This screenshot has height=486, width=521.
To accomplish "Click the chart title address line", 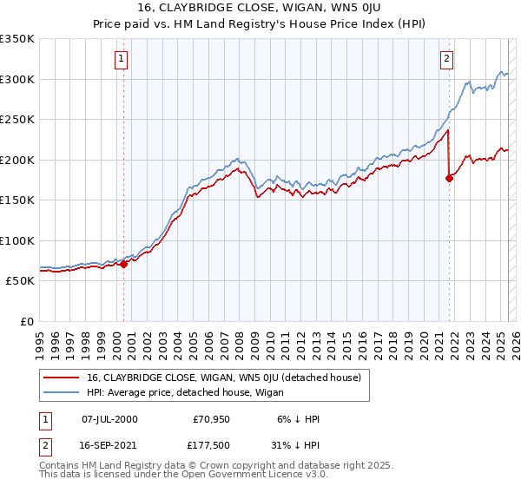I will [260, 10].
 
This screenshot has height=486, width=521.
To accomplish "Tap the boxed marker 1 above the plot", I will [120, 59].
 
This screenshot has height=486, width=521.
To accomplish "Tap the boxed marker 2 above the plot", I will [445, 59].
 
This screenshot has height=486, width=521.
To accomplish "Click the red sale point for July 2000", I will [123, 264].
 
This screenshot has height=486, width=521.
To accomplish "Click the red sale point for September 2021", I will [449, 178].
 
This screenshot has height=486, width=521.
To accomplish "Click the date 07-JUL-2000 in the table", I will [109, 419].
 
